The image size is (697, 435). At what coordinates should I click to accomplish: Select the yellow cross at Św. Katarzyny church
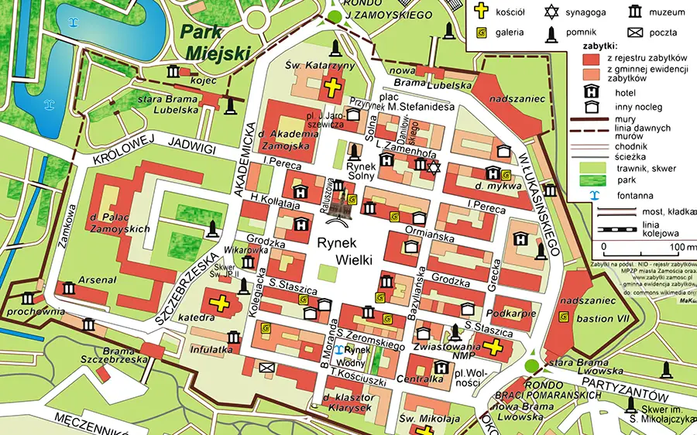tap(334, 87)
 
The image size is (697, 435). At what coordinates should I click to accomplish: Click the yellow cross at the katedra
tap(220, 303)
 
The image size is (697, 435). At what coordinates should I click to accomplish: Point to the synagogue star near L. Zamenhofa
tap(434, 167)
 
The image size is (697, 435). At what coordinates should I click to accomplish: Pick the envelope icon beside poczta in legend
tap(634, 33)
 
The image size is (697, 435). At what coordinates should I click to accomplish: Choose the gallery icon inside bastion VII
tap(563, 316)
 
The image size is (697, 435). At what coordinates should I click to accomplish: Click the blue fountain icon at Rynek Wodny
tap(338, 350)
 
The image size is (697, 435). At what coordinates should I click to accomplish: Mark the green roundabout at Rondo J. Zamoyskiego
tap(335, 16)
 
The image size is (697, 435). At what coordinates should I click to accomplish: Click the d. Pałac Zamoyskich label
tap(120, 222)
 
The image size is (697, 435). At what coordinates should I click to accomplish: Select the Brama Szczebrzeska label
tap(108, 355)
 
